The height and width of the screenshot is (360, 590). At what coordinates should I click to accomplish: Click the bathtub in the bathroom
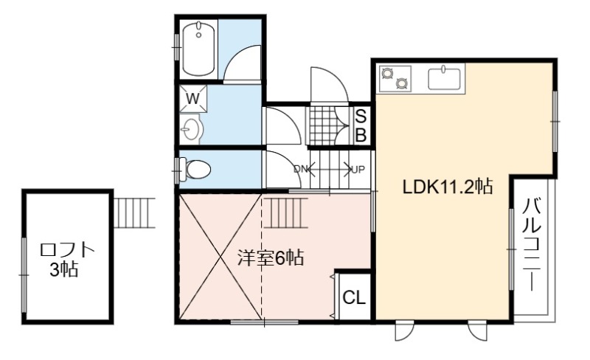(198, 49)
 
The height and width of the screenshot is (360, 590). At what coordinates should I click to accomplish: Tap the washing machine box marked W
(193, 99)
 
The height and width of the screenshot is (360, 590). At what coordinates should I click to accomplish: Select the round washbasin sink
(192, 129)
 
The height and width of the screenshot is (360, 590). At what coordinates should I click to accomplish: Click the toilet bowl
(195, 169)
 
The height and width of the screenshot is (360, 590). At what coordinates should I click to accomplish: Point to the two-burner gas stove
(395, 78)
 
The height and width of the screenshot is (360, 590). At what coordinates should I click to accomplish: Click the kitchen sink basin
(445, 79)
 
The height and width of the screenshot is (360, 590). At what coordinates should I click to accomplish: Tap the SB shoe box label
(361, 126)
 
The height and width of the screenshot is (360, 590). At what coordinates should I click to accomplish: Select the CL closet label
(354, 298)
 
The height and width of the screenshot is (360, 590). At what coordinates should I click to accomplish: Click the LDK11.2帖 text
(448, 187)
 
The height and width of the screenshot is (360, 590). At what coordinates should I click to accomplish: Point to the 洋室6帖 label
(271, 258)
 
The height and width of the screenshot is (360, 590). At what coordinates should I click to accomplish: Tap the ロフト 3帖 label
(66, 260)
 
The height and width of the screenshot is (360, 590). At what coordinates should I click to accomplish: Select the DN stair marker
(301, 170)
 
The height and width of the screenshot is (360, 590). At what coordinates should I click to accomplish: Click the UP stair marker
(358, 170)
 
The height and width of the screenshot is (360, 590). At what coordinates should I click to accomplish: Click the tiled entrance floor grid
(322, 126)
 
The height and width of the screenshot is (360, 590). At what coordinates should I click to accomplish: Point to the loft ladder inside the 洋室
(286, 212)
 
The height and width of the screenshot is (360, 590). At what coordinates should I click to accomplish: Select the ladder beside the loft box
(134, 212)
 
